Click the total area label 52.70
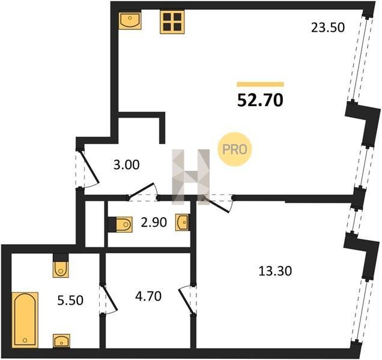tap(260, 100)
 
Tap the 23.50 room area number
tap(328, 28)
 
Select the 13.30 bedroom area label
tap(275, 271)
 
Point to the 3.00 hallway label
tap(127, 165)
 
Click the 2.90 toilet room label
tap(154, 222)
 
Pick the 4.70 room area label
tap(148, 296)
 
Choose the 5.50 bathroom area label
tap(70, 300)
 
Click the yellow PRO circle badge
tap(235, 149)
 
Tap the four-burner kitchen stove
tap(172, 22)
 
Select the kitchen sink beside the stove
tap(130, 20)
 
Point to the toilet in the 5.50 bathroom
tap(61, 266)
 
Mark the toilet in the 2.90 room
tap(120, 224)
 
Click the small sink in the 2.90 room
tap(182, 222)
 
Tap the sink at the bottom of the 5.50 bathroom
tap(62, 341)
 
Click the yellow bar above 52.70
tap(260, 84)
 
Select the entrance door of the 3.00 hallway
tap(88, 169)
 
